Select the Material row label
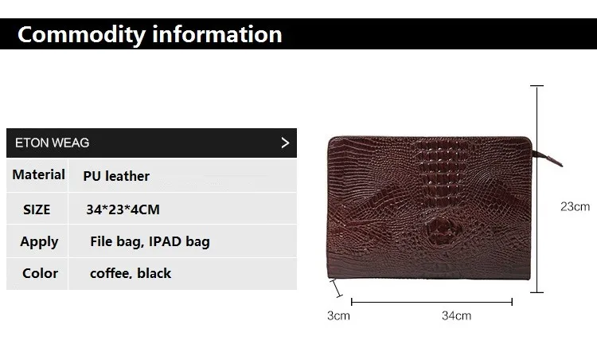(x=39, y=174)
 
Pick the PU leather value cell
(x=116, y=176)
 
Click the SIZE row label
(x=37, y=209)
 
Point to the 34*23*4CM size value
(x=123, y=209)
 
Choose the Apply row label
(x=39, y=241)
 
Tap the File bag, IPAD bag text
(x=150, y=241)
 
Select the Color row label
(x=40, y=273)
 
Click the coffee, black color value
(x=131, y=273)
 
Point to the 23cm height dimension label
(x=575, y=205)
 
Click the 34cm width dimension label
(x=456, y=315)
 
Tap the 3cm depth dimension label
(x=338, y=315)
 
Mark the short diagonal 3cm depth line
(x=337, y=288)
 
